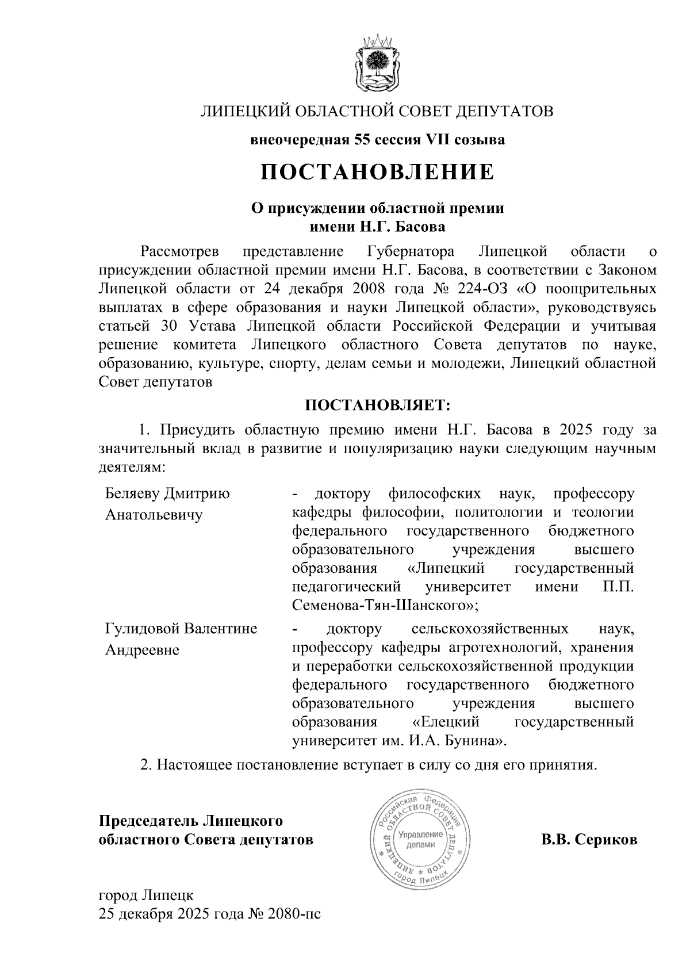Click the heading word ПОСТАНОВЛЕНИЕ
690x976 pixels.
pyautogui.click(x=377, y=172)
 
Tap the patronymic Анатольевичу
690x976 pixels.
pyautogui.click(x=154, y=515)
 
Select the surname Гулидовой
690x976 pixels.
pyautogui.click(x=141, y=629)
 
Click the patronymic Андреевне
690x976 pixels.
pyautogui.click(x=142, y=650)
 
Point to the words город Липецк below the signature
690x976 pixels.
pyautogui.click(x=147, y=895)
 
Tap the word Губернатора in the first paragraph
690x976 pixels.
pyautogui.click(x=410, y=251)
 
